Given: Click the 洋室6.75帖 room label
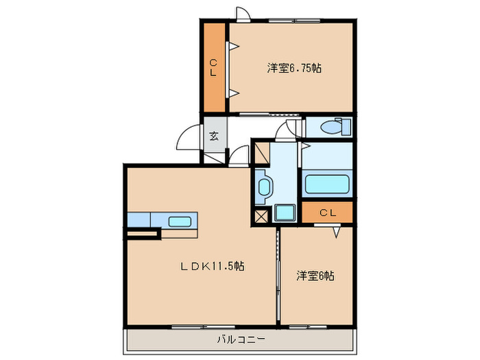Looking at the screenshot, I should (x=295, y=68).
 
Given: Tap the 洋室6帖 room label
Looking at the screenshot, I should (x=315, y=276).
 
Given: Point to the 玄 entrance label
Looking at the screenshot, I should (x=214, y=136).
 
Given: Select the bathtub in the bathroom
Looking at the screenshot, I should (x=327, y=184).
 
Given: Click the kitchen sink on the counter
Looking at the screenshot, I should (x=180, y=221).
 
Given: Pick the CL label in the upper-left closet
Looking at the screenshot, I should (x=214, y=67).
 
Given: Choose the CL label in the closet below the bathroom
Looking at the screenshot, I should (x=327, y=213).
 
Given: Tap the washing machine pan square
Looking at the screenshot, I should (x=284, y=213).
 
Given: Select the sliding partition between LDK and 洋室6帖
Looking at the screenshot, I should (x=278, y=274).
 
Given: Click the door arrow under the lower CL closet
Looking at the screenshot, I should (x=337, y=232).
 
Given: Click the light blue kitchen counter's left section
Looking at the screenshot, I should (x=138, y=220).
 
